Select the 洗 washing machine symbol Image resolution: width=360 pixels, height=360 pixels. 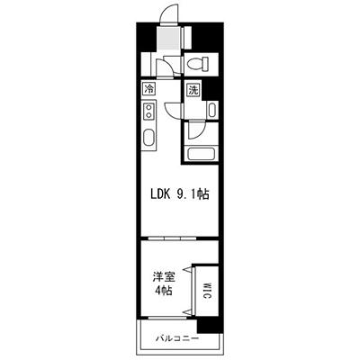(193, 89)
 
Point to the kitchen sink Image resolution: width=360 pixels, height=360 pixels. (148, 139)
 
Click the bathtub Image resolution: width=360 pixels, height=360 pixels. (200, 154)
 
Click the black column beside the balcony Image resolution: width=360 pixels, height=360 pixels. (208, 323)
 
